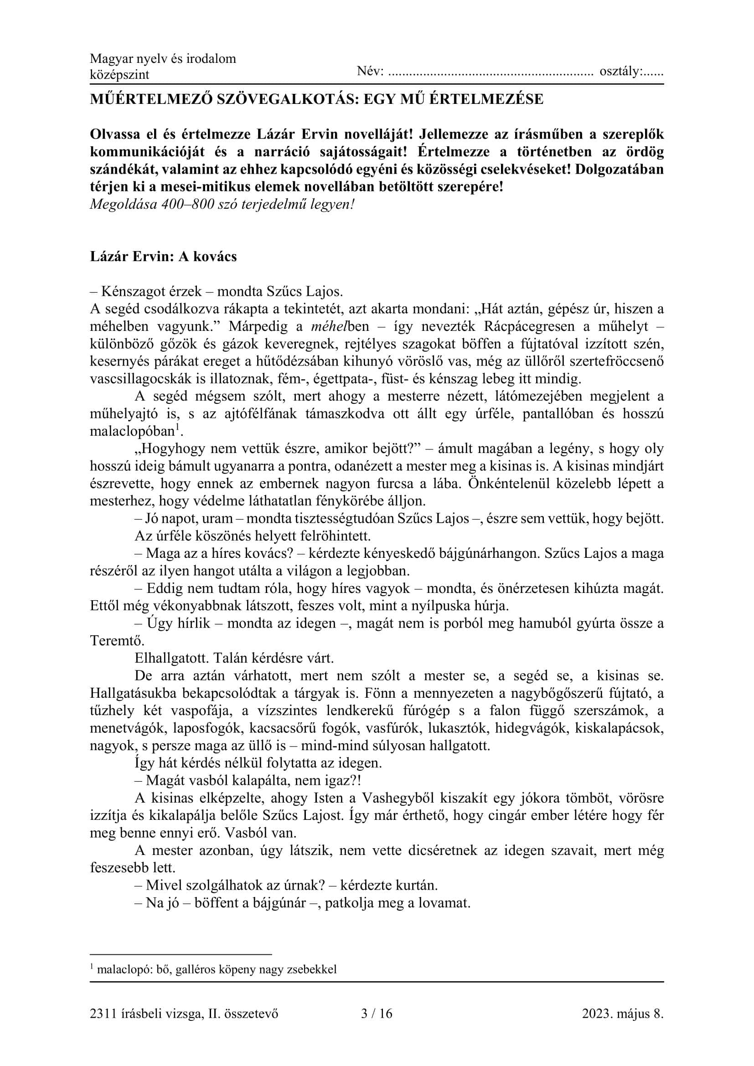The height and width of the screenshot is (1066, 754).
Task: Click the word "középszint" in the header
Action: [119, 75]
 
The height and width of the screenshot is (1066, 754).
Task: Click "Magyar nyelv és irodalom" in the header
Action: [162, 58]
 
